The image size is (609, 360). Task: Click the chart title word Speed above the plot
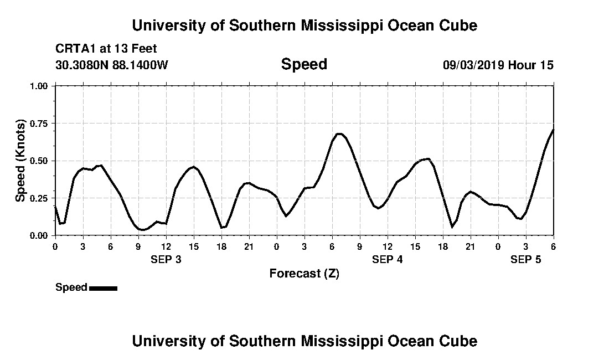[x=304, y=64]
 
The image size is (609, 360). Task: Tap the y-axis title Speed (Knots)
[x=20, y=161]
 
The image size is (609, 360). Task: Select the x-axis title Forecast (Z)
[x=304, y=273]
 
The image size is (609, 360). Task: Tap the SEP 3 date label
[x=166, y=259]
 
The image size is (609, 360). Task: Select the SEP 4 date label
[x=388, y=259]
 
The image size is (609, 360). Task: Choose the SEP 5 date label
[x=525, y=259]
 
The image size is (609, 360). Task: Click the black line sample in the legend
[x=103, y=288]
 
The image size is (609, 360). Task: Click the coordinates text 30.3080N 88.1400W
[x=111, y=65]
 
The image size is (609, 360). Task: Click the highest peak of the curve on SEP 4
[x=339, y=133]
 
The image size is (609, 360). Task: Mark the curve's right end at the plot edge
[x=553, y=130]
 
